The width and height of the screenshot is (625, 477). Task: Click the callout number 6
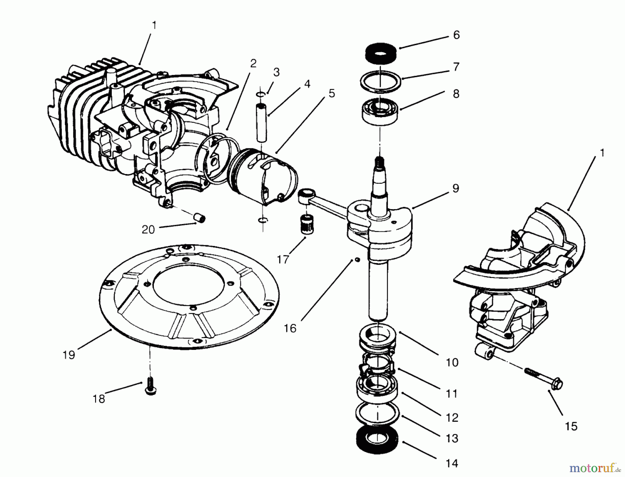pos(456,35)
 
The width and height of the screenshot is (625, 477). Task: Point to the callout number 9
pos(456,188)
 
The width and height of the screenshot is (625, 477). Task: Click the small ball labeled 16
pos(357,260)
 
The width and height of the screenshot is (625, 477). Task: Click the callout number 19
pos(69,355)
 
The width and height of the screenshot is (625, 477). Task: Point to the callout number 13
pos(452,438)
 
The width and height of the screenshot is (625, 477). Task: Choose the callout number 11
pos(452,394)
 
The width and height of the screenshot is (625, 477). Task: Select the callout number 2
pos(253,63)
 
